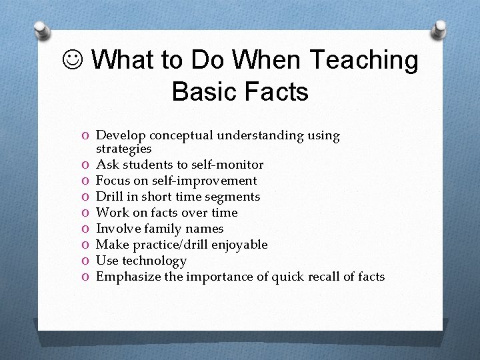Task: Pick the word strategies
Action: tap(123, 149)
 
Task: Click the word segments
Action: tap(233, 197)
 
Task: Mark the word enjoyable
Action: tap(238, 245)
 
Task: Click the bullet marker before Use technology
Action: tap(87, 261)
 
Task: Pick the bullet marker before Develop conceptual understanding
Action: tap(87, 136)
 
